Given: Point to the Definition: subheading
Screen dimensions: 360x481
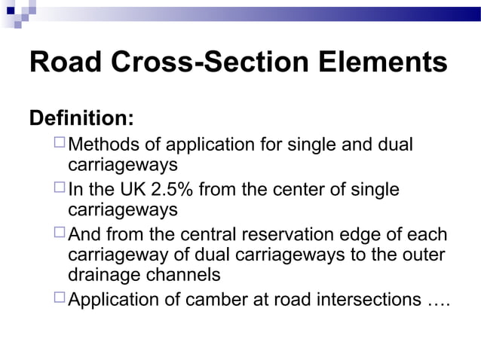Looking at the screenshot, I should (81, 119).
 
